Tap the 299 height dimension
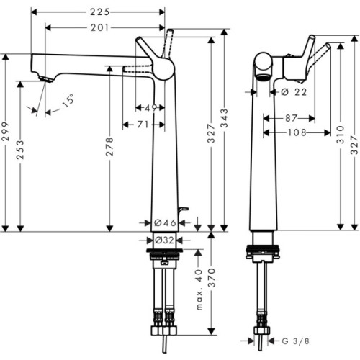click(x=6, y=143)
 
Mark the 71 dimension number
click(x=144, y=125)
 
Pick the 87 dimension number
click(x=291, y=117)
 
